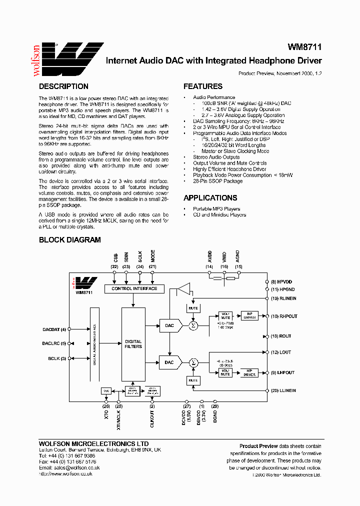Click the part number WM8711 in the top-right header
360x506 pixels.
pyautogui.click(x=304, y=47)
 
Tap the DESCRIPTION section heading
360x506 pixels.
pyautogui.click(x=63, y=86)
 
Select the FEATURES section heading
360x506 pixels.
pyautogui.click(x=203, y=86)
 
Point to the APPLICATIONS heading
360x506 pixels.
pyautogui.click(x=210, y=198)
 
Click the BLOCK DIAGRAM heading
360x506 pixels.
pyautogui.click(x=70, y=240)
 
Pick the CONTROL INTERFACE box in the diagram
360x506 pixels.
pyautogui.click(x=134, y=288)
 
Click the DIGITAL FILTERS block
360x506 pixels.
pyautogui.click(x=133, y=344)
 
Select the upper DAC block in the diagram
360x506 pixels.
pyautogui.click(x=169, y=325)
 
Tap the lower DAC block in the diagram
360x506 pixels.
pyautogui.click(x=169, y=362)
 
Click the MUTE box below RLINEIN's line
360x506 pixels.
pyautogui.click(x=193, y=308)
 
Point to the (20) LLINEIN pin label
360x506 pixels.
pyautogui.click(x=283, y=390)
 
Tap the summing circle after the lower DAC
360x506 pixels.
pyautogui.click(x=193, y=362)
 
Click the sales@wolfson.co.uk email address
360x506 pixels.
pyautogui.click(x=76, y=467)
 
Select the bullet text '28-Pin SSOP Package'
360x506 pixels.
pyautogui.click(x=217, y=181)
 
